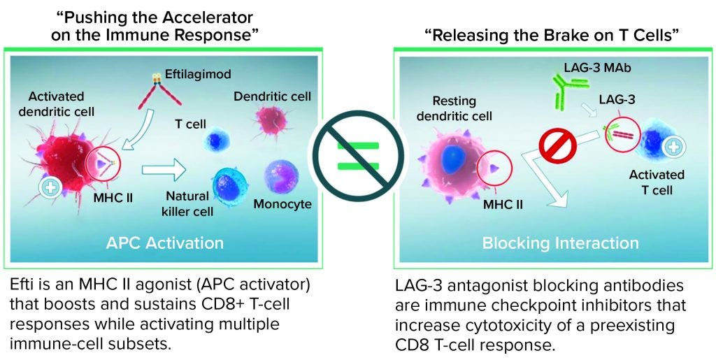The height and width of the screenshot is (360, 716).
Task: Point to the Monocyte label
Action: (x=282, y=205)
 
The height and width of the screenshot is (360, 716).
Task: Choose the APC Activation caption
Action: (x=164, y=243)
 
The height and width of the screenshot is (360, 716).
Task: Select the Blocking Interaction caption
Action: (x=560, y=243)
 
